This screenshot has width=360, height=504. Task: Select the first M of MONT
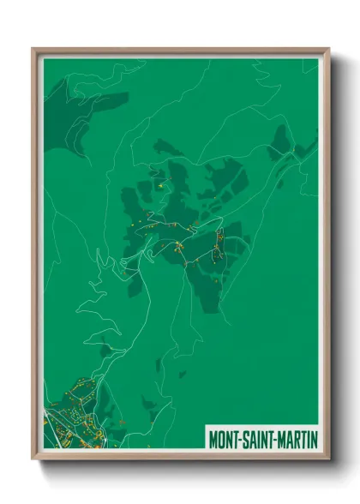coord(213,439)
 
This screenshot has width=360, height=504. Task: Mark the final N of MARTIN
coord(314,439)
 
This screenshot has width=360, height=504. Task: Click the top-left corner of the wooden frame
coord(33,49)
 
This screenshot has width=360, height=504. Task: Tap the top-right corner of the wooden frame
coord(328,49)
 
